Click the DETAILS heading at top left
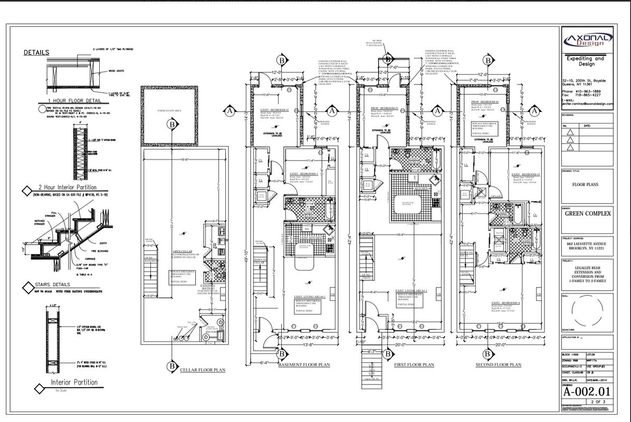[x=36, y=52]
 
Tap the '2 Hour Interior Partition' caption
[x=67, y=187]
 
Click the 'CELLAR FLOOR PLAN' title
[x=203, y=370]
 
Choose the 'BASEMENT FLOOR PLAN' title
[x=304, y=365]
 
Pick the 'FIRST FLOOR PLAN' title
[x=414, y=365]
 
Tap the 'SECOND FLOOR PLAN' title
[x=498, y=365]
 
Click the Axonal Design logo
[x=587, y=40]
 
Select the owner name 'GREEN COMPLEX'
[x=587, y=214]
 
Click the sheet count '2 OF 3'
[x=598, y=402]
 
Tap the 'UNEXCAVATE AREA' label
[x=169, y=110]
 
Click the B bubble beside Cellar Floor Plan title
[x=171, y=366]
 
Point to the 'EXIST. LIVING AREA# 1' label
[x=310, y=297]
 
